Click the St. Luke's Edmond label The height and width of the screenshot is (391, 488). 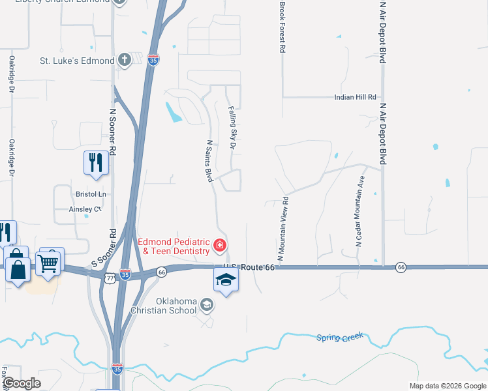tap(77, 61)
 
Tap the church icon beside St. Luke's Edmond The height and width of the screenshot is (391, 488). tap(125, 61)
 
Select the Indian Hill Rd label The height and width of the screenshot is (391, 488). tap(356, 97)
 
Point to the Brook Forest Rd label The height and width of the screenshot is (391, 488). tap(282, 27)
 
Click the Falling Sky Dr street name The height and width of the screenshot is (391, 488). tap(232, 128)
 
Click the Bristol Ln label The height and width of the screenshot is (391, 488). tap(90, 194)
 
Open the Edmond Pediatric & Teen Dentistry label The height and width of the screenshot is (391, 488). tap(174, 246)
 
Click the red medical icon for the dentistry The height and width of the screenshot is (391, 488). tap(221, 246)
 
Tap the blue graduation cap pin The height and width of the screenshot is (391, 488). tap(226, 280)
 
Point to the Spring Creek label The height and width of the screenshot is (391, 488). tap(339, 337)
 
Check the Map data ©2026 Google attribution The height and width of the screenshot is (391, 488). tap(446, 386)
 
